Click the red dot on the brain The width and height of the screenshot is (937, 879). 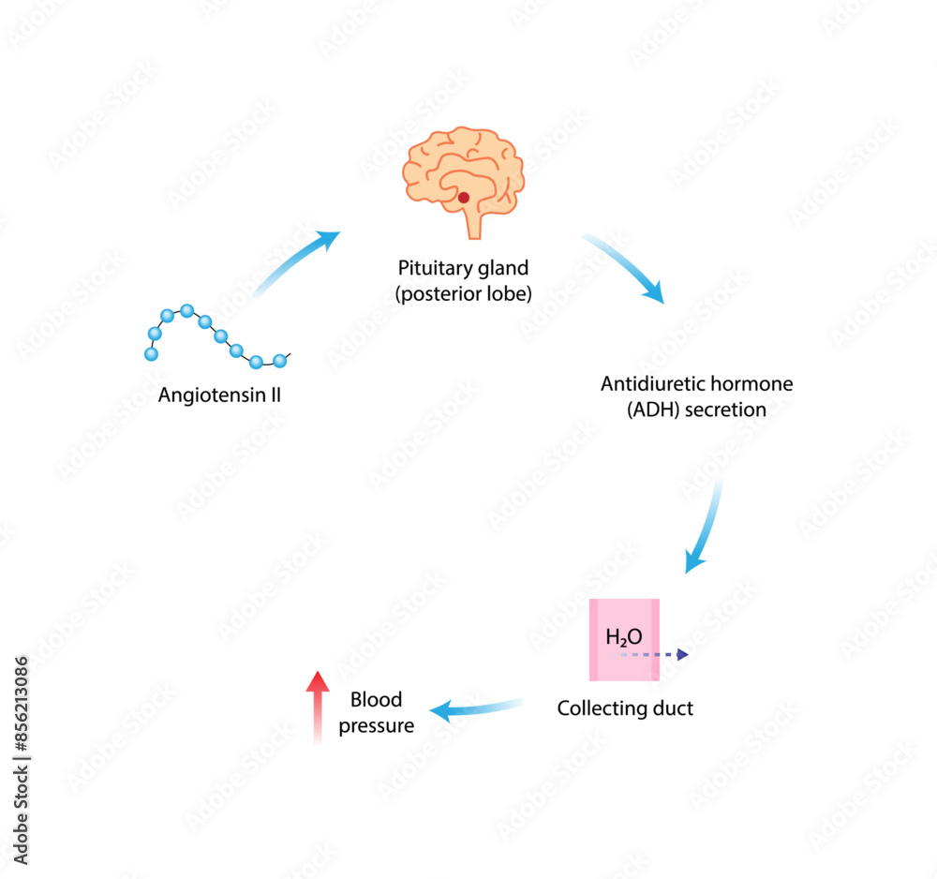click(x=463, y=198)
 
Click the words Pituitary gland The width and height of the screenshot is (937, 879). click(x=464, y=266)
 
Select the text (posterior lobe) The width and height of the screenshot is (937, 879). click(x=464, y=293)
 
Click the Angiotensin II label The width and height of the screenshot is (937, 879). click(x=219, y=395)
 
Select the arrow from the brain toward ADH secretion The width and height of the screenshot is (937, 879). click(x=625, y=267)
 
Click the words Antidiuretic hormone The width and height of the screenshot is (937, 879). click(x=696, y=383)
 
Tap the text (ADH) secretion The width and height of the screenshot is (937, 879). click(x=696, y=410)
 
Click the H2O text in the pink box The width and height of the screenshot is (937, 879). click(x=624, y=638)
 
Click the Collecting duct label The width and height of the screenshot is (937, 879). click(x=625, y=708)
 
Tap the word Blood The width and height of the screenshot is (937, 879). click(x=376, y=700)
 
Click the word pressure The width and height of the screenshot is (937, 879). click(x=376, y=725)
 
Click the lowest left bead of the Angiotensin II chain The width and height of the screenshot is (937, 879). click(x=150, y=354)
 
